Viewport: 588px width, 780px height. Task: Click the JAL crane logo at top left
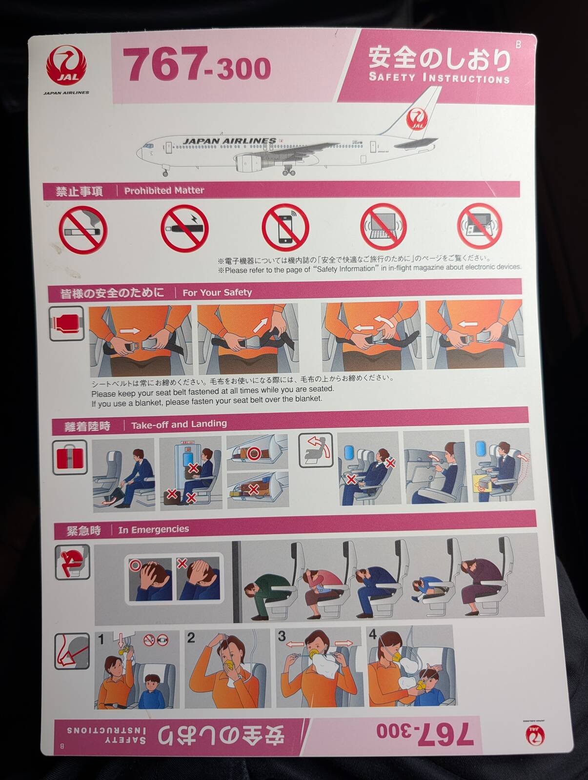pos(66,67)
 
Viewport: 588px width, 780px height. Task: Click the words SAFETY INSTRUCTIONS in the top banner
pos(439,78)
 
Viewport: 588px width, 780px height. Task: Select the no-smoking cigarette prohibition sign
pos(83,230)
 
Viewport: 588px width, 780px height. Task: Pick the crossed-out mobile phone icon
pos(285,228)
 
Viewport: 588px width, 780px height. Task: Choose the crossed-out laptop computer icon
pos(383,226)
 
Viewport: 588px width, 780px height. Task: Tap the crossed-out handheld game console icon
pos(479,226)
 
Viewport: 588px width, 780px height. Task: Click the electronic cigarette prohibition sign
pos(184,229)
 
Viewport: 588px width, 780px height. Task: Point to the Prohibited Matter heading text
pos(164,191)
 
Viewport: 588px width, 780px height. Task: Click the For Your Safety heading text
pos(217,292)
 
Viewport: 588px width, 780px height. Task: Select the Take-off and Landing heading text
pos(179,425)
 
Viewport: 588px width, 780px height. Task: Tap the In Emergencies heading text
pos(154,529)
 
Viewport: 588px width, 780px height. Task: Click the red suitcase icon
pos(70,457)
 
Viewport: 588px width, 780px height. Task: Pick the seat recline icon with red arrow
pos(316,449)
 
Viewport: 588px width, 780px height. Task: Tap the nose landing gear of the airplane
pos(165,171)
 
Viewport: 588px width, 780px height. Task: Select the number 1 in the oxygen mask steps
pos(101,640)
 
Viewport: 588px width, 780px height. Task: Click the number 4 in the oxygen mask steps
pos(372,634)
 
